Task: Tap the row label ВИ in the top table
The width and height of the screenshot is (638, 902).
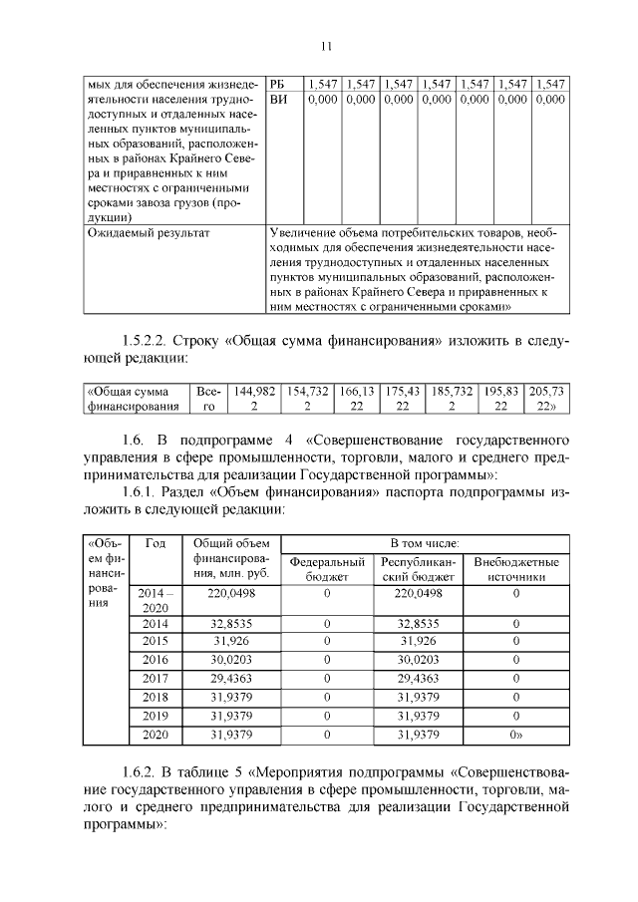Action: click(x=279, y=100)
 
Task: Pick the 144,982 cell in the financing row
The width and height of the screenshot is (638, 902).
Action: click(x=253, y=399)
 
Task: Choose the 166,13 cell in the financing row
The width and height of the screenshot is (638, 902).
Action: click(x=355, y=399)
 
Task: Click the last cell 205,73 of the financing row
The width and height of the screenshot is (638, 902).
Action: click(x=548, y=399)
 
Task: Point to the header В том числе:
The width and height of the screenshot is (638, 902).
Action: click(x=422, y=543)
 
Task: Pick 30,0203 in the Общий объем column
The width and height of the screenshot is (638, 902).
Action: click(x=231, y=659)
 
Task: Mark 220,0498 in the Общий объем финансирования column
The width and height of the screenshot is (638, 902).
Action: click(x=231, y=592)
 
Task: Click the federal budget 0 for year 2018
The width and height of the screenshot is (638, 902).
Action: click(x=327, y=697)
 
